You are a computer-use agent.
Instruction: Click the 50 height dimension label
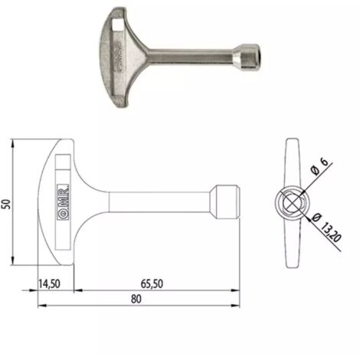point(6,204)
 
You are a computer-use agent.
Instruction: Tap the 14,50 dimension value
point(49,283)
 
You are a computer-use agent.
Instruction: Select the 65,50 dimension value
point(152,283)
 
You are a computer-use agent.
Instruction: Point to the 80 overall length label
point(136,299)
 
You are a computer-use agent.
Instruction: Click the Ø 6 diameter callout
point(319,166)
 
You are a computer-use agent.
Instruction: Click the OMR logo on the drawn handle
point(63,201)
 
